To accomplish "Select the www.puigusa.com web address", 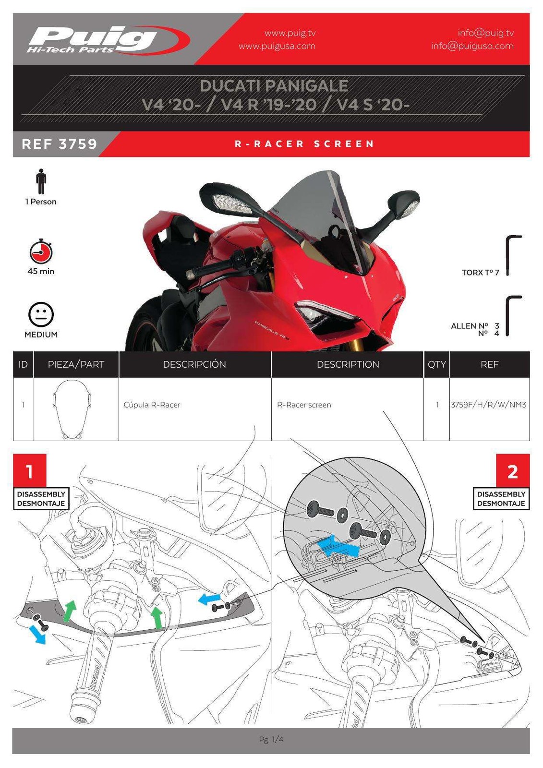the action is point(277,46).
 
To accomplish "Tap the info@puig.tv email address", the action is point(485,33).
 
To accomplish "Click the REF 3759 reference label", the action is point(60,144).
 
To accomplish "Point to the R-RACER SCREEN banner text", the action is point(304,144).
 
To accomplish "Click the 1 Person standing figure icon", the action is point(41,181).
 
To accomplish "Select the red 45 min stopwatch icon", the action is point(41,252).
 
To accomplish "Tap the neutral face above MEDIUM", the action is point(41,314).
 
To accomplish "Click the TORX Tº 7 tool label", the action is point(480,273).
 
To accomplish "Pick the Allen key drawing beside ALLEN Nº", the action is point(512,315).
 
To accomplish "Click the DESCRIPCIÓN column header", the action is point(194,364).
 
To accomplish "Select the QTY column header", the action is point(436,364).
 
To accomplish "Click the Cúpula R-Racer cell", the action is point(152,405).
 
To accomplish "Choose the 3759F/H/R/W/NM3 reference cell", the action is point(489,405).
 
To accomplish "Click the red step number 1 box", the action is point(30,471).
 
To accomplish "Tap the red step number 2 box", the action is point(512,471).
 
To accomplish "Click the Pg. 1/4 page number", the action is point(271,740).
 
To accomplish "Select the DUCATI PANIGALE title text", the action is point(274,86).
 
